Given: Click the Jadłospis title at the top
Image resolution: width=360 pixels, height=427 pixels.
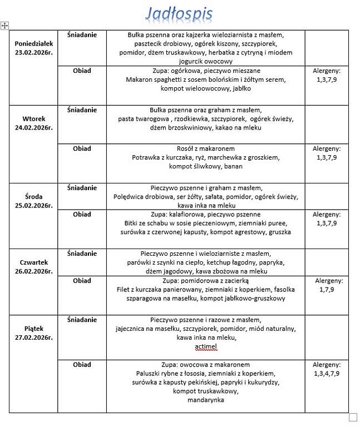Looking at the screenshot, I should tap(179, 13).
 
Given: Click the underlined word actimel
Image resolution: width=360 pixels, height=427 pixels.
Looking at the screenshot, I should tap(206, 347).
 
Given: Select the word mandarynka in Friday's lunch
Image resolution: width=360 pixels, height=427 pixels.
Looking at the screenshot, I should tap(205, 400).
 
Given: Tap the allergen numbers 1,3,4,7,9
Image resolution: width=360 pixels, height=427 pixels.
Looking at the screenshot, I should tap(327, 374).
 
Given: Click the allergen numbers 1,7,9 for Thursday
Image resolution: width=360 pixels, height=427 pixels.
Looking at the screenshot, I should tap(327, 290).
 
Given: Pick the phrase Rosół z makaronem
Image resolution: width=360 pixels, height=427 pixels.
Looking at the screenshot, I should tap(205, 148).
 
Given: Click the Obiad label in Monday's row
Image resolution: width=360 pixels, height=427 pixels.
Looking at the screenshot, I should tap(82, 71).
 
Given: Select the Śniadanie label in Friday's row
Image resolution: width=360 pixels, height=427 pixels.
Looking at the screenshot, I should tap(82, 320).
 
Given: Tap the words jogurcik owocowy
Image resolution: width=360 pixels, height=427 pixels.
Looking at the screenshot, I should tap(205, 61).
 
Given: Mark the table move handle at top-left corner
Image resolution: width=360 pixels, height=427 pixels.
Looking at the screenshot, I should tap(5, 25).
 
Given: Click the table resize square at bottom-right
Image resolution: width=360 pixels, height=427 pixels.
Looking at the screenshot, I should tap(352, 417).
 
